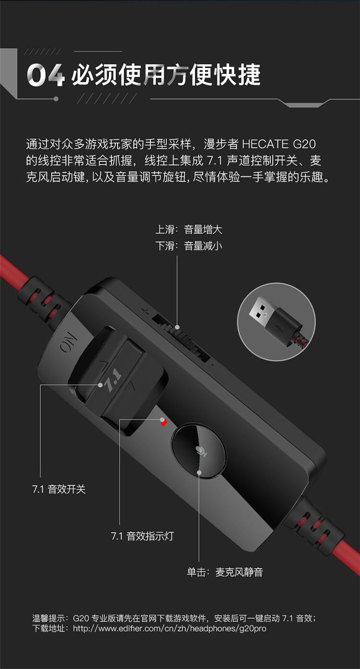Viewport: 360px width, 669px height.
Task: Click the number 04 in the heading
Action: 46,75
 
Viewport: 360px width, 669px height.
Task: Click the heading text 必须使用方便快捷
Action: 166,74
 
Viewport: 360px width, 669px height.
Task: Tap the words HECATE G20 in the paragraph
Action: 278,144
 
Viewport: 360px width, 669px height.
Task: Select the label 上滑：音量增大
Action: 189,230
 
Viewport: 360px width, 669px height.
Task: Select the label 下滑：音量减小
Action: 189,246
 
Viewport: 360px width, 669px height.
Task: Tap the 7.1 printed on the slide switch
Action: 112,379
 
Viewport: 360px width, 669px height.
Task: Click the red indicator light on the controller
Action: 164,422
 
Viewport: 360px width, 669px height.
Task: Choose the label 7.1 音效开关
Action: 59,489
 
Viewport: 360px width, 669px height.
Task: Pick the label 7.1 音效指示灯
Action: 142,536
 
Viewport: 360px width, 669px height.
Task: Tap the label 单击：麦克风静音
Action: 225,572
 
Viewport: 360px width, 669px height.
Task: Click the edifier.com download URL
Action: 169,628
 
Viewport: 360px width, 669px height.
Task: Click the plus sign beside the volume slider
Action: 145,312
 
